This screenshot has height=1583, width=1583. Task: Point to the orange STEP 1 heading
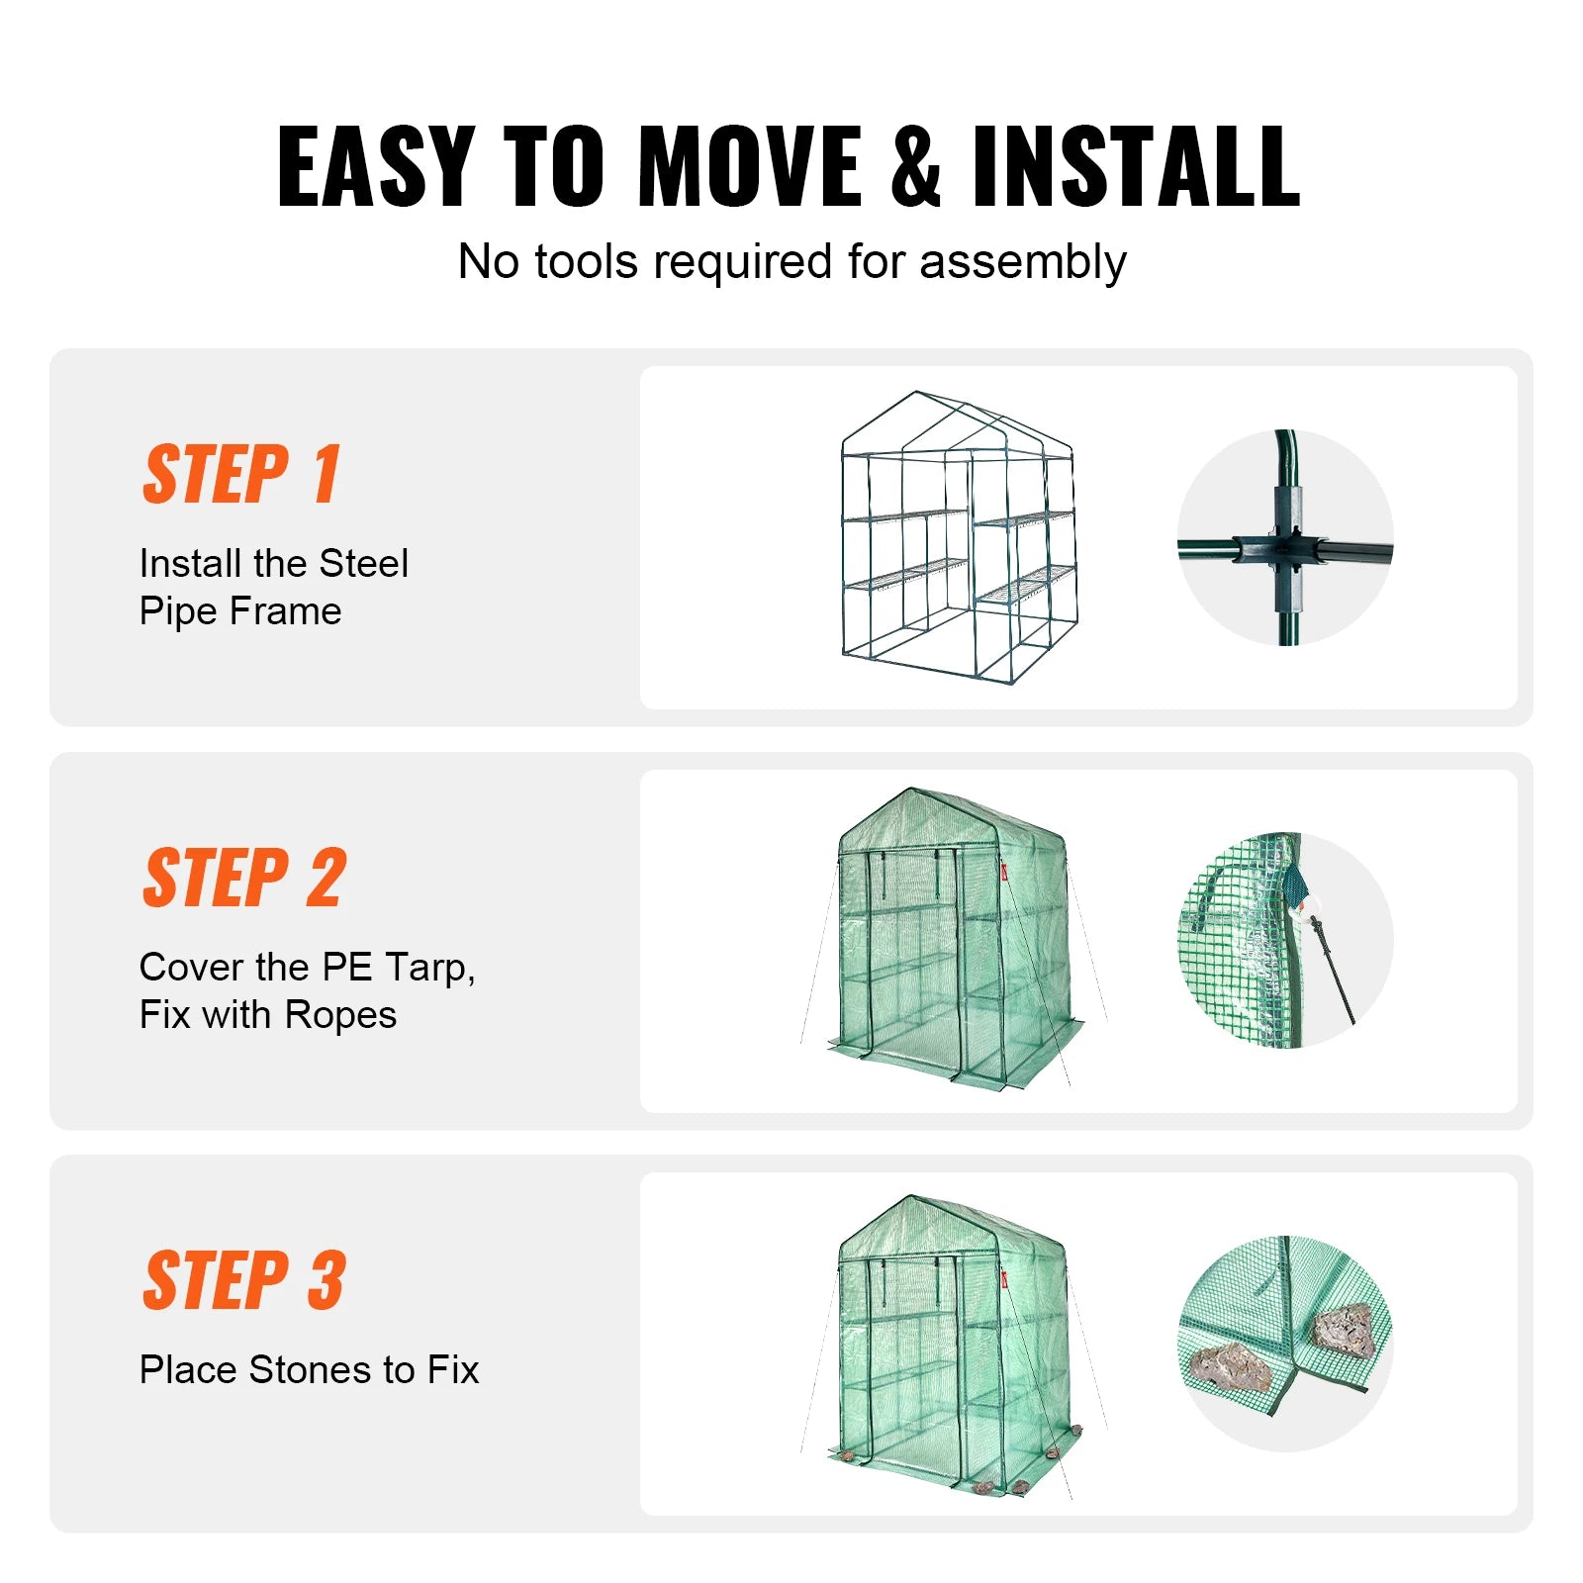click(242, 475)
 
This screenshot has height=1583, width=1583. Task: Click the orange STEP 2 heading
click(244, 878)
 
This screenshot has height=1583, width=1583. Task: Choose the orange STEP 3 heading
click(244, 1280)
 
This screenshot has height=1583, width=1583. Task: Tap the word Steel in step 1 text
click(363, 564)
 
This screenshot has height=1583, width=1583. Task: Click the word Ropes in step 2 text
click(340, 1015)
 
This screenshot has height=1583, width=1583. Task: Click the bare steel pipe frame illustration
click(957, 539)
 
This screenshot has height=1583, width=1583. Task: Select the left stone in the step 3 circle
click(1230, 1366)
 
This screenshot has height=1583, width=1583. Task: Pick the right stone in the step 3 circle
click(1344, 1330)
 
